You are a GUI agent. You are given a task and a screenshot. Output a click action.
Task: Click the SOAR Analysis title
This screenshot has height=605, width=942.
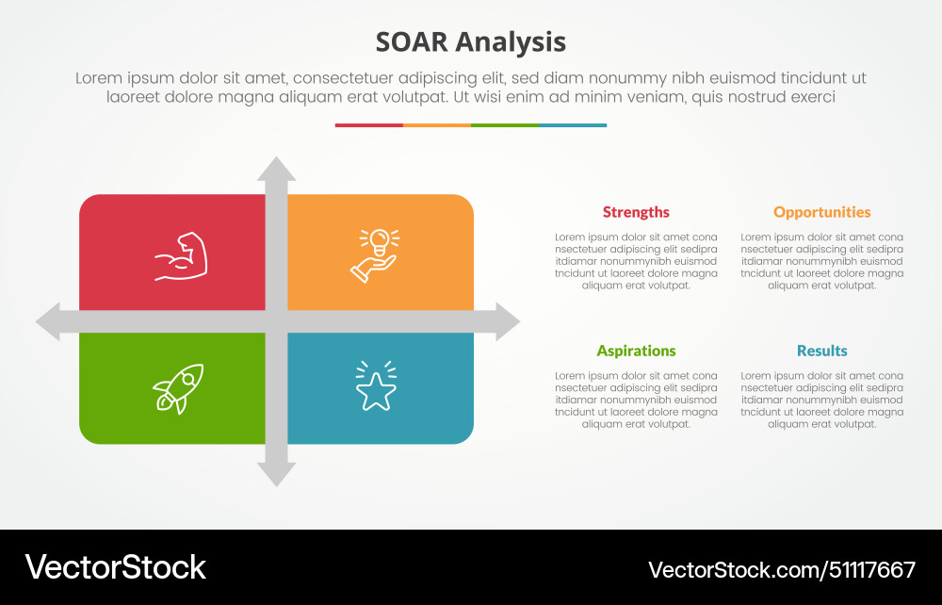tap(470, 42)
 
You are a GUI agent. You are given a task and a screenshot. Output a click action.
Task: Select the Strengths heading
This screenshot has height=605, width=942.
tap(636, 212)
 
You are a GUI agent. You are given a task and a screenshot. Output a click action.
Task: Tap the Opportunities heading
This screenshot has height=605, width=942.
tap(821, 212)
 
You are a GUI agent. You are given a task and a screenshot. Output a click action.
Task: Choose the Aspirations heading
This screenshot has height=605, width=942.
tap(636, 351)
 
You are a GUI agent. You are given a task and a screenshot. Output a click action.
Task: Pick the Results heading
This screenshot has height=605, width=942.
tap(821, 351)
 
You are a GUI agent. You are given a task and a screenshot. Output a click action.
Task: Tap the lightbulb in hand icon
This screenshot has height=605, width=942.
tap(376, 254)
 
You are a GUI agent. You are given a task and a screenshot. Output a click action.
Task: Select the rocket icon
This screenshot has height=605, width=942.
tap(179, 388)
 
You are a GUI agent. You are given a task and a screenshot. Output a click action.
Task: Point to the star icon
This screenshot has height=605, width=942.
tap(376, 387)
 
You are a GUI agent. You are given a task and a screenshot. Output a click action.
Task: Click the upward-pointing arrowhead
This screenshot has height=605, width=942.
tap(276, 171)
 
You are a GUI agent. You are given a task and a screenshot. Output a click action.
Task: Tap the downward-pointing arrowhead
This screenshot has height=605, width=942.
tap(276, 474)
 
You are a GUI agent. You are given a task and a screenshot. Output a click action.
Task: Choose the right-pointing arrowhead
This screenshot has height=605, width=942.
tap(507, 322)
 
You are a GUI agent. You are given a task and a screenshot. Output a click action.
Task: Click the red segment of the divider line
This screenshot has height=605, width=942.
tap(368, 124)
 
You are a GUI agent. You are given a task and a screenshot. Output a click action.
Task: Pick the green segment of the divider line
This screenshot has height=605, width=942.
tap(504, 124)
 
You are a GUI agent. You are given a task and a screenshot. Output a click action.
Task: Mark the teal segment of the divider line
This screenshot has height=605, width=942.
tap(572, 124)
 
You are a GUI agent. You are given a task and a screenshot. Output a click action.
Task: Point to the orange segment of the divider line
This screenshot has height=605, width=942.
tap(436, 124)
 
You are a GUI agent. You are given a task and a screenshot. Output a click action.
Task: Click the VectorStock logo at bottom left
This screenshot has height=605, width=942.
tap(115, 567)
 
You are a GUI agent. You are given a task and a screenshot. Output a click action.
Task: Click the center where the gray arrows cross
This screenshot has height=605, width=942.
tap(276, 322)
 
